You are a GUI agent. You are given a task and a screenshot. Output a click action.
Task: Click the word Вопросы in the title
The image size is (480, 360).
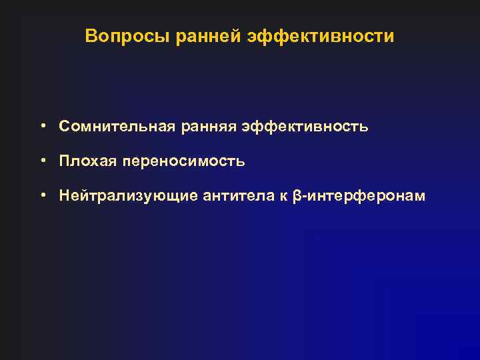[x=128, y=36]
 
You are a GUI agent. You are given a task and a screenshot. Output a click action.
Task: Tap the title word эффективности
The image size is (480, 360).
[x=321, y=36]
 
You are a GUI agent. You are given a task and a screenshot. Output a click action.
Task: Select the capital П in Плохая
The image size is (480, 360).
[x=64, y=161]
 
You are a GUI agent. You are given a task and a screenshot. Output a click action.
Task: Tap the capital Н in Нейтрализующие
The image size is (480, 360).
[x=64, y=196]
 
